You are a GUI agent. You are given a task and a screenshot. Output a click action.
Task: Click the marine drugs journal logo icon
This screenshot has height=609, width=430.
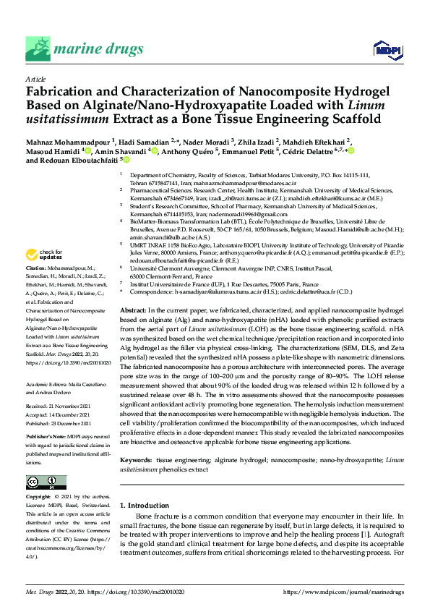[x=38, y=49]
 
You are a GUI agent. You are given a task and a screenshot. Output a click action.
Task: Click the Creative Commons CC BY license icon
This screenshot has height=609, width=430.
[x=43, y=482]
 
